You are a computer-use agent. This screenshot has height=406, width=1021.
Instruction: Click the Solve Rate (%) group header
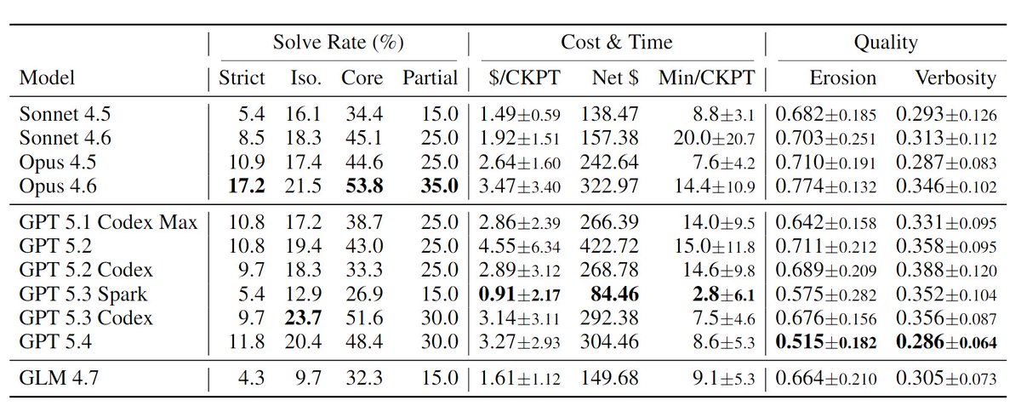pyautogui.click(x=338, y=43)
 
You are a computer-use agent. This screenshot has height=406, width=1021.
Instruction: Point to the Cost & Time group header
pyautogui.click(x=616, y=43)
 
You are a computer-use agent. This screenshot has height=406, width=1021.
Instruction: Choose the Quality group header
pyautogui.click(x=886, y=43)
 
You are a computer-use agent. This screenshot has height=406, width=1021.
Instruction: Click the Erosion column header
pyautogui.click(x=841, y=78)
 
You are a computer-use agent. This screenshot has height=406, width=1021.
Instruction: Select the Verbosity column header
pyautogui.click(x=955, y=78)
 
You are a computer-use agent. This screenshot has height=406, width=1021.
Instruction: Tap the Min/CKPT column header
pyautogui.click(x=705, y=78)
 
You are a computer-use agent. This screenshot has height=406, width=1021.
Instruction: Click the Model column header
pyautogui.click(x=47, y=78)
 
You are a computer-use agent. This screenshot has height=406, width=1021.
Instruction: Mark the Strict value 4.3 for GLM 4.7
pyautogui.click(x=252, y=378)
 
